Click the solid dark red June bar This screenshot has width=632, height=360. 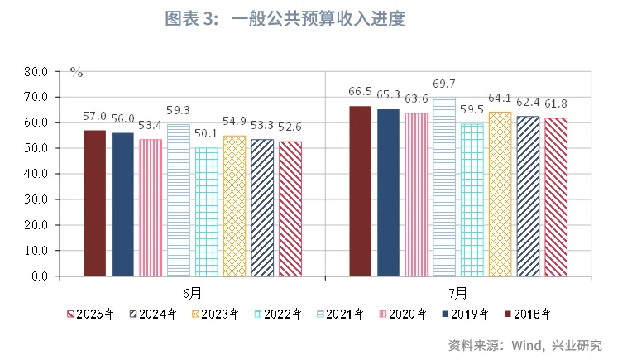click(x=94, y=203)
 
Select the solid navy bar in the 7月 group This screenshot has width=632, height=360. click(x=388, y=192)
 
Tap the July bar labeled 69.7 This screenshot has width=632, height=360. click(x=444, y=186)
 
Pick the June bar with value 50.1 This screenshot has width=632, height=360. click(x=207, y=212)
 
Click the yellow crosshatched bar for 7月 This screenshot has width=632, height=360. click(x=500, y=194)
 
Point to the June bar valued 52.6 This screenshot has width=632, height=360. click(x=290, y=209)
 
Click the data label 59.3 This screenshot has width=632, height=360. click(x=178, y=109)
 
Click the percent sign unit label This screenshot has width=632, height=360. click(x=76, y=73)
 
